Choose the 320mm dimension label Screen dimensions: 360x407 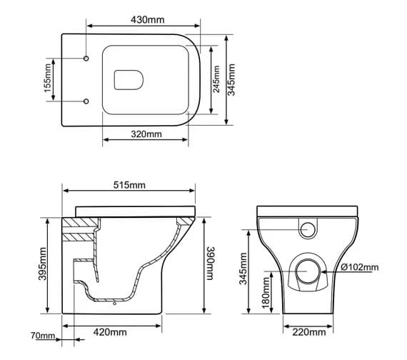(146, 134)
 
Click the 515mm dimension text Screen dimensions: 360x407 (129, 185)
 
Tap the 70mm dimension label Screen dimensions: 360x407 (43, 335)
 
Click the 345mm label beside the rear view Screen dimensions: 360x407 (243, 272)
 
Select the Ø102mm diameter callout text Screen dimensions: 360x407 (360, 268)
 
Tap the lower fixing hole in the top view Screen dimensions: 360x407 (86, 100)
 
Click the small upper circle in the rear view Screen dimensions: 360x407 (309, 229)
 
